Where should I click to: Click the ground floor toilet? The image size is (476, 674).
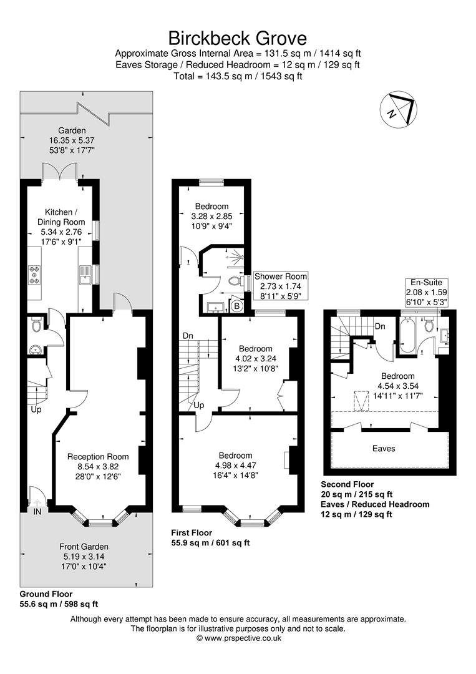(36, 325)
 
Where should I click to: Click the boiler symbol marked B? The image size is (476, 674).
(236, 306)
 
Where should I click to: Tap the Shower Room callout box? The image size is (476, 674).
(280, 286)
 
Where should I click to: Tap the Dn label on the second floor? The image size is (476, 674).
(379, 326)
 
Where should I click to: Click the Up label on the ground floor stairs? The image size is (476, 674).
(36, 410)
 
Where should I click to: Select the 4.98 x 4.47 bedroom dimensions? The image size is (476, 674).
(235, 465)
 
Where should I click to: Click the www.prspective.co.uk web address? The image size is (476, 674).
(240, 638)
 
